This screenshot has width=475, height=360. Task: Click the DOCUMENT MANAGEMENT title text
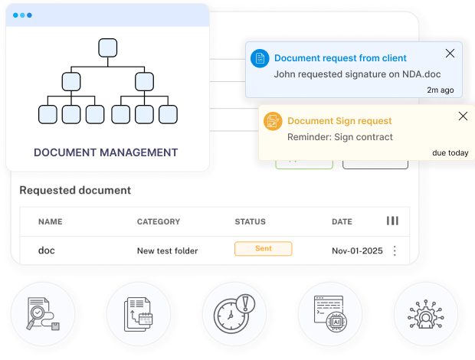106,152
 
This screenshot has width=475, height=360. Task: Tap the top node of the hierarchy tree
107,47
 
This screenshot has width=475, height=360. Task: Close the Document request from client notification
450,53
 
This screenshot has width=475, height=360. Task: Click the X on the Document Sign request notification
463,116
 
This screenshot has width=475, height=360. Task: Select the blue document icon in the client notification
260,58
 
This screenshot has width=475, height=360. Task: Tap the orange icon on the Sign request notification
273,121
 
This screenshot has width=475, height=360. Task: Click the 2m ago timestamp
441,90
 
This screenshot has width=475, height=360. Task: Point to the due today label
450,152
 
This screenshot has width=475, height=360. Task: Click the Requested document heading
75,190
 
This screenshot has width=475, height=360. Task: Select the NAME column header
50,221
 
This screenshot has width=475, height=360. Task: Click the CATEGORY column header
159,221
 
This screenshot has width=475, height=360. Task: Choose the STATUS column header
250,221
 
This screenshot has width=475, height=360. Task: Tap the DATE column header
342,221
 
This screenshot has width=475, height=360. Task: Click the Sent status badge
263,249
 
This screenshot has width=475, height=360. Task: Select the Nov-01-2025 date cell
356,250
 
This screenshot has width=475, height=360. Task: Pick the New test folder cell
167,250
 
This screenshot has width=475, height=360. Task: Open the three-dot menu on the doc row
395,250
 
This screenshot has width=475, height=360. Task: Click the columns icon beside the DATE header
392,221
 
